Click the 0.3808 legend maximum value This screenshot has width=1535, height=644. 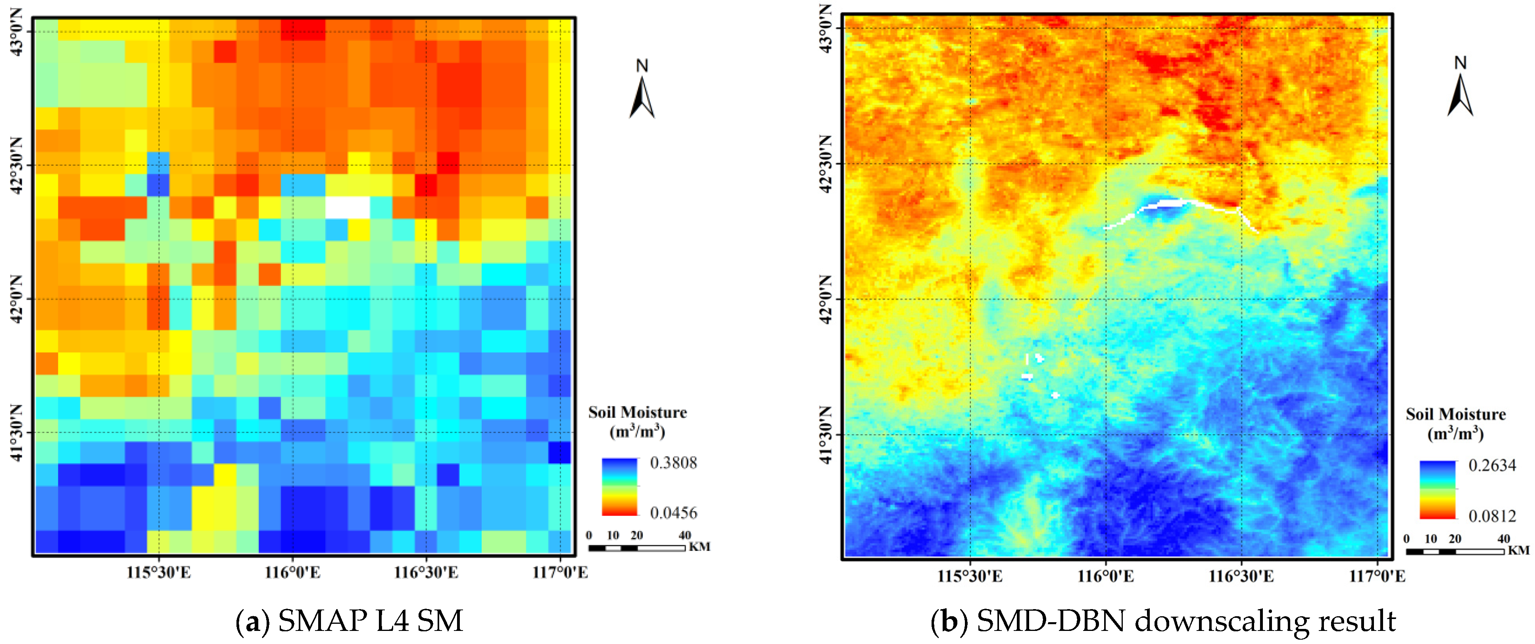673,463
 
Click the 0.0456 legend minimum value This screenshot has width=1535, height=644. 673,513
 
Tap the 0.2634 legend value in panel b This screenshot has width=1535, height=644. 1491,465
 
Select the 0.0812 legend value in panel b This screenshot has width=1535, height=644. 1491,516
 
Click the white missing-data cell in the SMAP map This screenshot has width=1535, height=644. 348,207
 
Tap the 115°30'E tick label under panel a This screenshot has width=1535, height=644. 159,573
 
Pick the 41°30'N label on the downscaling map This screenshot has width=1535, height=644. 826,435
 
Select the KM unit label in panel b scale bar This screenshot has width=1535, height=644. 1518,550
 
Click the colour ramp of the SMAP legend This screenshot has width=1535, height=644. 620,487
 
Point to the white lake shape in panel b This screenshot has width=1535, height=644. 1162,205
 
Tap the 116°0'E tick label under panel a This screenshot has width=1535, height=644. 292,573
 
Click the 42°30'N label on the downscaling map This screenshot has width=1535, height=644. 826,164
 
